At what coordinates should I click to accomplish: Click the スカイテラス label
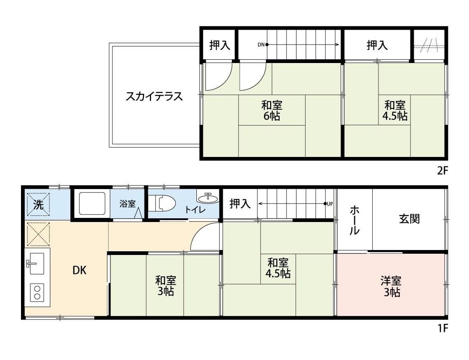point(154,97)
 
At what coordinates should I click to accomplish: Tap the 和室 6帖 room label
point(272,110)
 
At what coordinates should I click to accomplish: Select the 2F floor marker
point(442,171)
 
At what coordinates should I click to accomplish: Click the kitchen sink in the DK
point(37,263)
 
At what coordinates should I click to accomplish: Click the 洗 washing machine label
point(38,205)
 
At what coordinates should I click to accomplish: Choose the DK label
point(79,271)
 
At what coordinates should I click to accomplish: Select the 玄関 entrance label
point(409,219)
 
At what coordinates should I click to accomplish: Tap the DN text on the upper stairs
point(261,44)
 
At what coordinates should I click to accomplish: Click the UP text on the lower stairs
point(330,203)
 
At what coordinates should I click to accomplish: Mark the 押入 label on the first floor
point(240,203)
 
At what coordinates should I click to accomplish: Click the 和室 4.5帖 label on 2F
point(395,110)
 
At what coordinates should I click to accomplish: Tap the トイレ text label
point(195,210)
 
